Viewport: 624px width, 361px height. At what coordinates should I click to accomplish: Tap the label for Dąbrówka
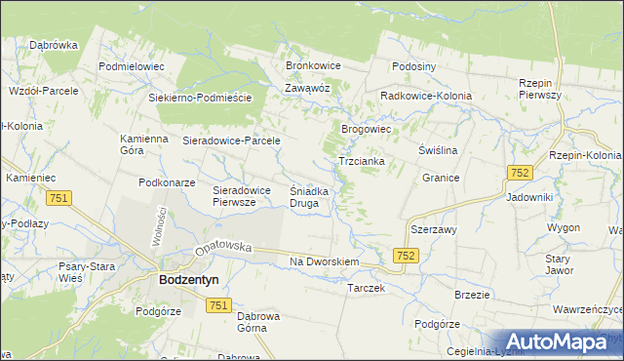(53, 45)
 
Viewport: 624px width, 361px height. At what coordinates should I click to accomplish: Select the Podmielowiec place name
(132, 66)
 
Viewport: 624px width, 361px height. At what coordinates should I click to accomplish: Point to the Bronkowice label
(312, 65)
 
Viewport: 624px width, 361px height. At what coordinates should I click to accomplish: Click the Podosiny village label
(413, 66)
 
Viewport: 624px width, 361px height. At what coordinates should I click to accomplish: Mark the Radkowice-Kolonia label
(426, 97)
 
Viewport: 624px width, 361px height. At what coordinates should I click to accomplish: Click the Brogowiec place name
(366, 129)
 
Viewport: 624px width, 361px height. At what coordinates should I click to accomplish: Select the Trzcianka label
(361, 161)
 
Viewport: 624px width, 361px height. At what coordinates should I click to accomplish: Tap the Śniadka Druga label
(311, 197)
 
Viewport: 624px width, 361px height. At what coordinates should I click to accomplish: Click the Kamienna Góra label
(144, 144)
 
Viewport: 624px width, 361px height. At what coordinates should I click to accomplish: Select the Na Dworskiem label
(326, 262)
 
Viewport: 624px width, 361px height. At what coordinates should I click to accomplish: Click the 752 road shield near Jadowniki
(519, 173)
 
